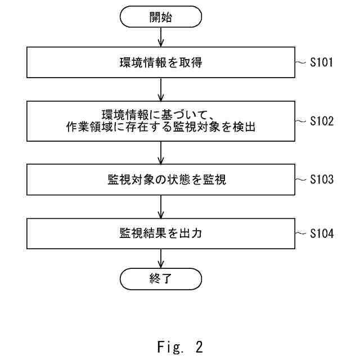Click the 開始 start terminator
point(161,17)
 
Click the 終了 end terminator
point(161,277)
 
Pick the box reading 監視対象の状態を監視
point(161,180)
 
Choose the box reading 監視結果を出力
point(161,232)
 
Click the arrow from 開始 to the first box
point(161,37)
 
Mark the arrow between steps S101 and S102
point(161,90)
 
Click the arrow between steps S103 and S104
point(161,206)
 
